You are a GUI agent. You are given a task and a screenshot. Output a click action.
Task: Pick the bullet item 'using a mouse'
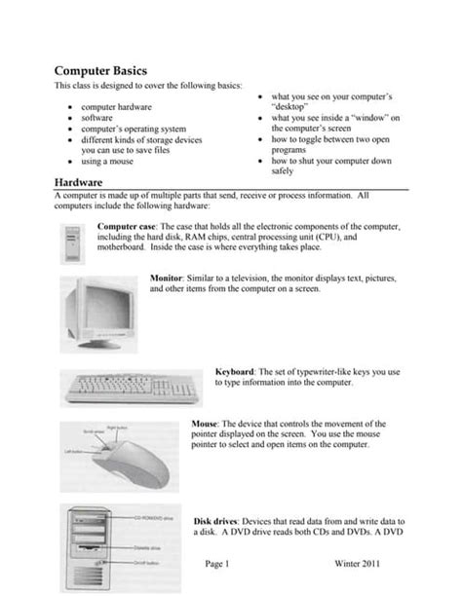click(x=109, y=162)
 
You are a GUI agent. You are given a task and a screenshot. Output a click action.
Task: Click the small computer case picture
click(x=72, y=239)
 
